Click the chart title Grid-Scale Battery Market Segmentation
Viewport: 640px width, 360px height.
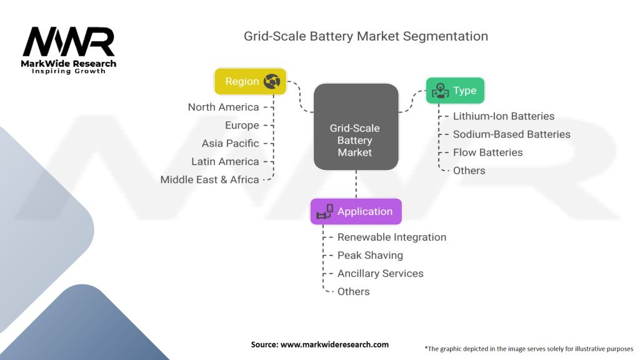coord(366,36)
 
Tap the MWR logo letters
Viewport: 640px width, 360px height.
coord(69,42)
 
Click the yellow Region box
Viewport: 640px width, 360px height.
coord(250,81)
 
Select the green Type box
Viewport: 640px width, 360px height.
coord(455,91)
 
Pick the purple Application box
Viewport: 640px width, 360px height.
coord(356,211)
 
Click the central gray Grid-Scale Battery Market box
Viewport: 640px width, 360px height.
coord(355,140)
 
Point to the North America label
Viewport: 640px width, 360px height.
coord(223,107)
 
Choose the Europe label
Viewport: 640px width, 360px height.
coord(242,125)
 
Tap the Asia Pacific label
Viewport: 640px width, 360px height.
coord(230,143)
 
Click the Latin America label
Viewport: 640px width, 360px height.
coord(225,161)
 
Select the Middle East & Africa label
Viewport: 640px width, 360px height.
coord(209,179)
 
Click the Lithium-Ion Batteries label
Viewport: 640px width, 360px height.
coord(504,116)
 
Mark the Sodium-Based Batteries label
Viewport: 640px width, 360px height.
coord(512,134)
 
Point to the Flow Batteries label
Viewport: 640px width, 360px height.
coord(488,152)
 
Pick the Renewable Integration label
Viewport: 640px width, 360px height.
coord(392,237)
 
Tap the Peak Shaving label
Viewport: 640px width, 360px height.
coord(370,255)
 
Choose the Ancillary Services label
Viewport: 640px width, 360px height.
coord(380,273)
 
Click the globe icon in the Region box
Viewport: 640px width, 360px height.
coord(272,81)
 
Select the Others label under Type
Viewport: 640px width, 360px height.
coord(469,170)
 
